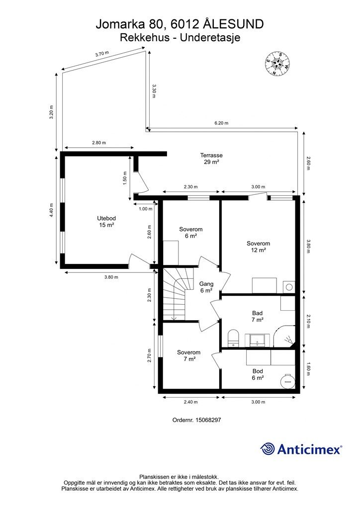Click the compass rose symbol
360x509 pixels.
click(276, 64)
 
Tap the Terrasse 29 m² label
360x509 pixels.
click(211, 159)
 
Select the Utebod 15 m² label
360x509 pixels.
click(106, 221)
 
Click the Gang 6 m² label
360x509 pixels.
click(206, 287)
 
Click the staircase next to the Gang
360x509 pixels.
click(175, 294)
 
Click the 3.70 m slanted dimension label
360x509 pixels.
click(102, 54)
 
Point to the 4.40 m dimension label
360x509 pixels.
click(51, 210)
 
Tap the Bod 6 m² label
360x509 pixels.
click(258, 374)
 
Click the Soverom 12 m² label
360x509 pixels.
click(258, 247)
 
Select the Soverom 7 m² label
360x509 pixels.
click(188, 355)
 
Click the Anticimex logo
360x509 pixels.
click(301, 449)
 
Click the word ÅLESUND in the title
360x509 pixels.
click(234, 24)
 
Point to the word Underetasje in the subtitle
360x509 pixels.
click(210, 38)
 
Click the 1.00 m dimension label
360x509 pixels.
click(145, 209)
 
